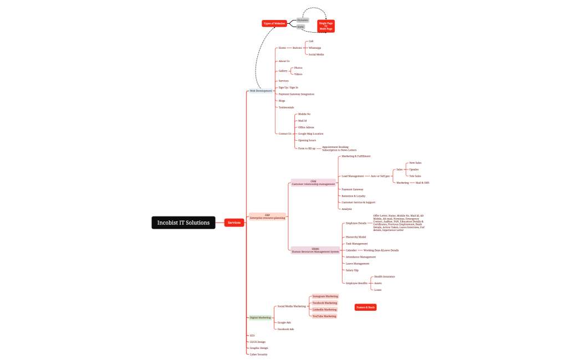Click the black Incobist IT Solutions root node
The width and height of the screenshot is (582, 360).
(183, 223)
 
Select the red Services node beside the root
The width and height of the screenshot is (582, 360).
(234, 223)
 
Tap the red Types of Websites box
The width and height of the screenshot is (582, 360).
(274, 23)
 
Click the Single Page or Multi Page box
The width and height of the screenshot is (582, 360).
(326, 26)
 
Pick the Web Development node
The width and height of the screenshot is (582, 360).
(261, 91)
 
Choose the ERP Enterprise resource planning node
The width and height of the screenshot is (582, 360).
(267, 217)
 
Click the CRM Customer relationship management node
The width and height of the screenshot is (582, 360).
(313, 183)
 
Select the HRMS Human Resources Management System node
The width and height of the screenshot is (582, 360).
(315, 250)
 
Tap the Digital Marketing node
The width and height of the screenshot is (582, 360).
(261, 317)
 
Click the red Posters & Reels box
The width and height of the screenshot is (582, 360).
(366, 307)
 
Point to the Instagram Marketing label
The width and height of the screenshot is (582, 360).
(325, 296)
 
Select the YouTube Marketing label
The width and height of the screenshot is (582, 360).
(324, 316)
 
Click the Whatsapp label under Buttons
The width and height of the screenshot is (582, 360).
(315, 48)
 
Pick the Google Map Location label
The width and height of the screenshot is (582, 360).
(310, 133)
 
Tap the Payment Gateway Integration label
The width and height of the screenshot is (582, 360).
(296, 94)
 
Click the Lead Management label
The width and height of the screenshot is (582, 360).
(353, 176)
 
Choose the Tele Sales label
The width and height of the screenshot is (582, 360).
(415, 176)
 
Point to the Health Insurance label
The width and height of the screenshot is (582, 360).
(384, 276)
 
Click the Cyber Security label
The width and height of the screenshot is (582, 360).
(258, 354)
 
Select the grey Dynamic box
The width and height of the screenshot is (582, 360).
(302, 20)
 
